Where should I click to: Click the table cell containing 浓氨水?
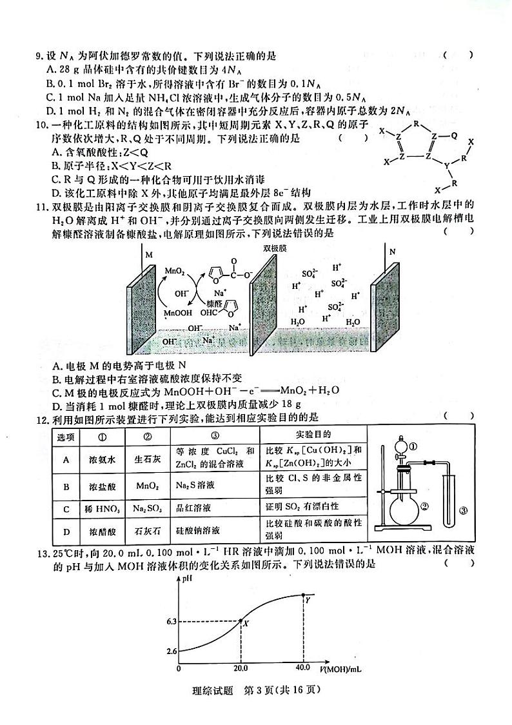coord(101,460)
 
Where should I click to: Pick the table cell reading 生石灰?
coord(148,460)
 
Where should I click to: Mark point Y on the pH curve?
coord(303,594)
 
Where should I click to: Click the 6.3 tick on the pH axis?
coord(171,622)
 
